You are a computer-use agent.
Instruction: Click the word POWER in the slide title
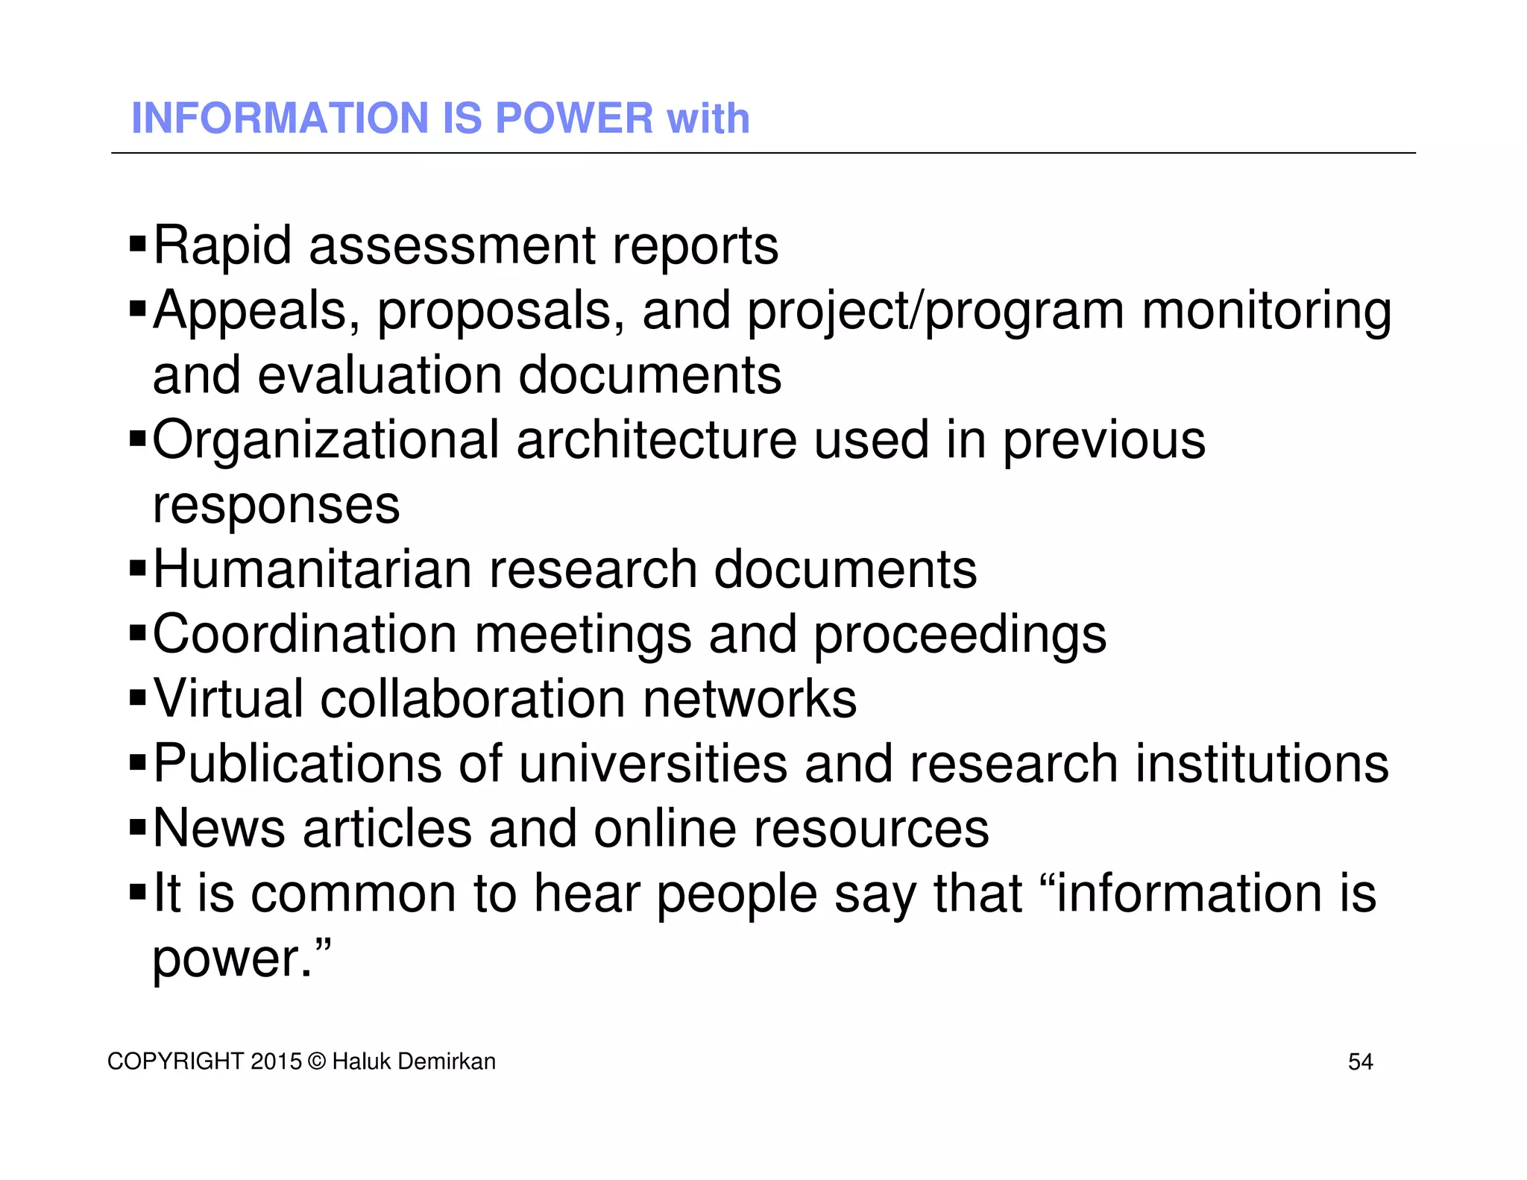pyautogui.click(x=574, y=119)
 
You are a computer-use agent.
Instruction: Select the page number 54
pyautogui.click(x=1360, y=1061)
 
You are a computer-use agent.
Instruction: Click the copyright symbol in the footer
pyautogui.click(x=317, y=1061)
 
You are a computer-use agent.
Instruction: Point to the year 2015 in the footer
pyautogui.click(x=276, y=1061)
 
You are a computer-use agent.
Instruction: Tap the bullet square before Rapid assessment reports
pyautogui.click(x=138, y=243)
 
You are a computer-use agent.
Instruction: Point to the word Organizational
pyautogui.click(x=326, y=441)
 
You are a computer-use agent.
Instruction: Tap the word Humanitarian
pyautogui.click(x=312, y=570)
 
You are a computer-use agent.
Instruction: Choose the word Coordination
pyautogui.click(x=305, y=634)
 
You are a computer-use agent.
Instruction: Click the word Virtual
pyautogui.click(x=228, y=699)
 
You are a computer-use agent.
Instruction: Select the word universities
pyautogui.click(x=652, y=764)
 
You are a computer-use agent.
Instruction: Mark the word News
pyautogui.click(x=219, y=829)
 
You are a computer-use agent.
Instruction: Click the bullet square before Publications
pyautogui.click(x=138, y=763)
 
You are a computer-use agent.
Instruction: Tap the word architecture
pyautogui.click(x=656, y=439)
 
